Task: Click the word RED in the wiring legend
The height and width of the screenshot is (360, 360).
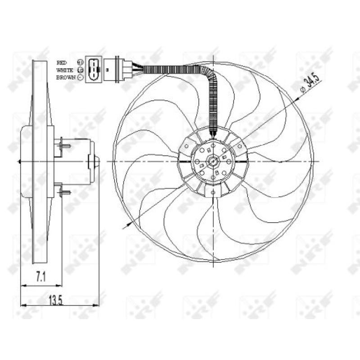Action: (x=61, y=62)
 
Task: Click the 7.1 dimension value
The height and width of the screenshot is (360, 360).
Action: (x=41, y=278)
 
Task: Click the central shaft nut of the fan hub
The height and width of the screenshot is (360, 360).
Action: (x=212, y=161)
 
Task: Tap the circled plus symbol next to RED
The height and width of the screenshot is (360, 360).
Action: (x=81, y=62)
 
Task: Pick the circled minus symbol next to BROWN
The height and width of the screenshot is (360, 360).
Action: (x=81, y=77)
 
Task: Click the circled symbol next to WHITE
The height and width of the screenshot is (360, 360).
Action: (x=81, y=70)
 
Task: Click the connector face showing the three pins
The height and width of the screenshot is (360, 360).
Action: (x=94, y=69)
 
